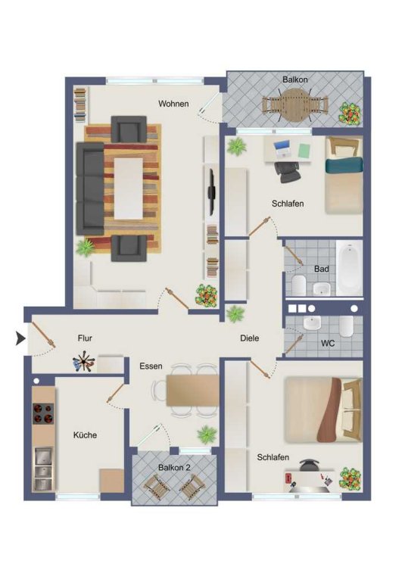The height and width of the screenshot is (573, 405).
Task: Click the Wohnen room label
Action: pyautogui.click(x=173, y=104)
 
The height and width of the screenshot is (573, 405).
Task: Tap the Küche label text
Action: pyautogui.click(x=85, y=435)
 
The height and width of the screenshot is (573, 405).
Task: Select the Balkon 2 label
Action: pyautogui.click(x=174, y=467)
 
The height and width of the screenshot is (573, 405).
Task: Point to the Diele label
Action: pyautogui.click(x=250, y=338)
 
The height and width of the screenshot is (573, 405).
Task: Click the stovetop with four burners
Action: pyautogui.click(x=43, y=413)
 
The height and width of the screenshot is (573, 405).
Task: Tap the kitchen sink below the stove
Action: pyautogui.click(x=43, y=469)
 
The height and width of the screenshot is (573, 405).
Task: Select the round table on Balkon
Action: pyautogui.click(x=294, y=106)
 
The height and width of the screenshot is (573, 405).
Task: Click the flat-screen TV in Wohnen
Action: pyautogui.click(x=211, y=192)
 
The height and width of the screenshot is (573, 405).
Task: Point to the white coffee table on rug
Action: pyautogui.click(x=128, y=188)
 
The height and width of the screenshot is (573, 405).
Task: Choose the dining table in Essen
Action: pyautogui.click(x=192, y=391)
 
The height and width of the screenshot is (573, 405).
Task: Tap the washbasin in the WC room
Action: pyautogui.click(x=312, y=323)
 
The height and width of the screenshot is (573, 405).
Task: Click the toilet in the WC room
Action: pyautogui.click(x=346, y=326)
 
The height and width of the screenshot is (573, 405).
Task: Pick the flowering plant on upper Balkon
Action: pyautogui.click(x=350, y=114)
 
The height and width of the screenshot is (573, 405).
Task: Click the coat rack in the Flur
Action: pyautogui.click(x=84, y=361)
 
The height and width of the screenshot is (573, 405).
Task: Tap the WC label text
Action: pyautogui.click(x=328, y=344)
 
